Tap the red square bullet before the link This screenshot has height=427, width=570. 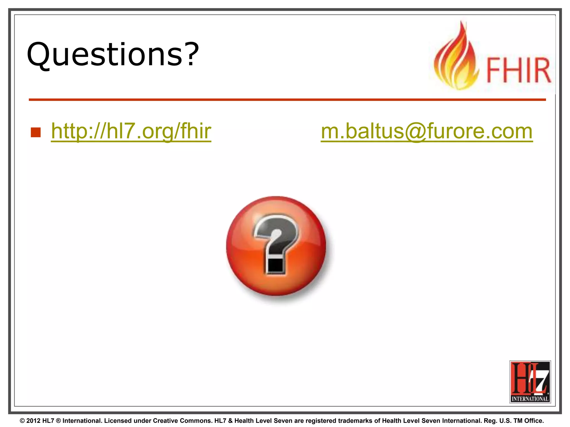coord(36,133)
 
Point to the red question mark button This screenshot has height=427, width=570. coord(276,246)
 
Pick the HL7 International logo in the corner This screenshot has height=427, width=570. coord(530,382)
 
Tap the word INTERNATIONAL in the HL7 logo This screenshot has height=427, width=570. coord(530,399)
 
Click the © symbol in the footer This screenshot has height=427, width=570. coord(23,421)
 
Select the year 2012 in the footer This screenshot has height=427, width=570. coord(33,421)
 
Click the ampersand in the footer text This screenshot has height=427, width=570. coord(230,421)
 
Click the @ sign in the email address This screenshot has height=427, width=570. coord(415,131)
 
